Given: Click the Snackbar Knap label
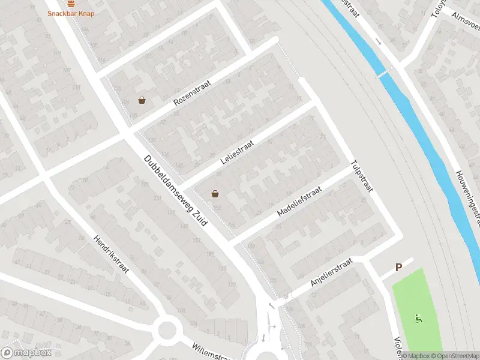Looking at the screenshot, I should pyautogui.click(x=71, y=13).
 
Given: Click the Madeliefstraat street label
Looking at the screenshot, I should pyautogui.click(x=299, y=201).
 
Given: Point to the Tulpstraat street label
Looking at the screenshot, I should pyautogui.click(x=362, y=176).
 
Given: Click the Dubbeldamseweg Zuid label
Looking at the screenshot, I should pyautogui.click(x=175, y=190).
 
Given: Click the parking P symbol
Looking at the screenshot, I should pyautogui.click(x=398, y=268).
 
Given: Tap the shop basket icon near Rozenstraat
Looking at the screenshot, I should pyautogui.click(x=142, y=100).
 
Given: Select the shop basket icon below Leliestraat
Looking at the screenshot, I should pyautogui.click(x=215, y=194).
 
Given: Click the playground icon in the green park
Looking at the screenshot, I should pyautogui.click(x=418, y=318).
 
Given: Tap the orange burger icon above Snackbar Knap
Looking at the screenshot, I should pyautogui.click(x=71, y=3).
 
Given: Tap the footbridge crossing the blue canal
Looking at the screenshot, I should pyautogui.click(x=383, y=75).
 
